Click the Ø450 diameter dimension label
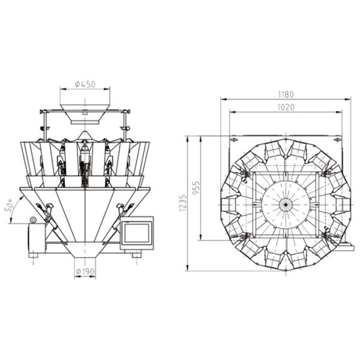coord(85,85)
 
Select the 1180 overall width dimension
coord(286,94)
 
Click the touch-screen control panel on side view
coord(137,233)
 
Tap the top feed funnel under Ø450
coord(85,115)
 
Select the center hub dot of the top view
coord(286,204)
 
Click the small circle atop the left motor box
coord(33,221)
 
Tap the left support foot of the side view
coord(34,255)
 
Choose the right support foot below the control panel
coord(137,254)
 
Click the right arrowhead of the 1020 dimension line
coord(342,112)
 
